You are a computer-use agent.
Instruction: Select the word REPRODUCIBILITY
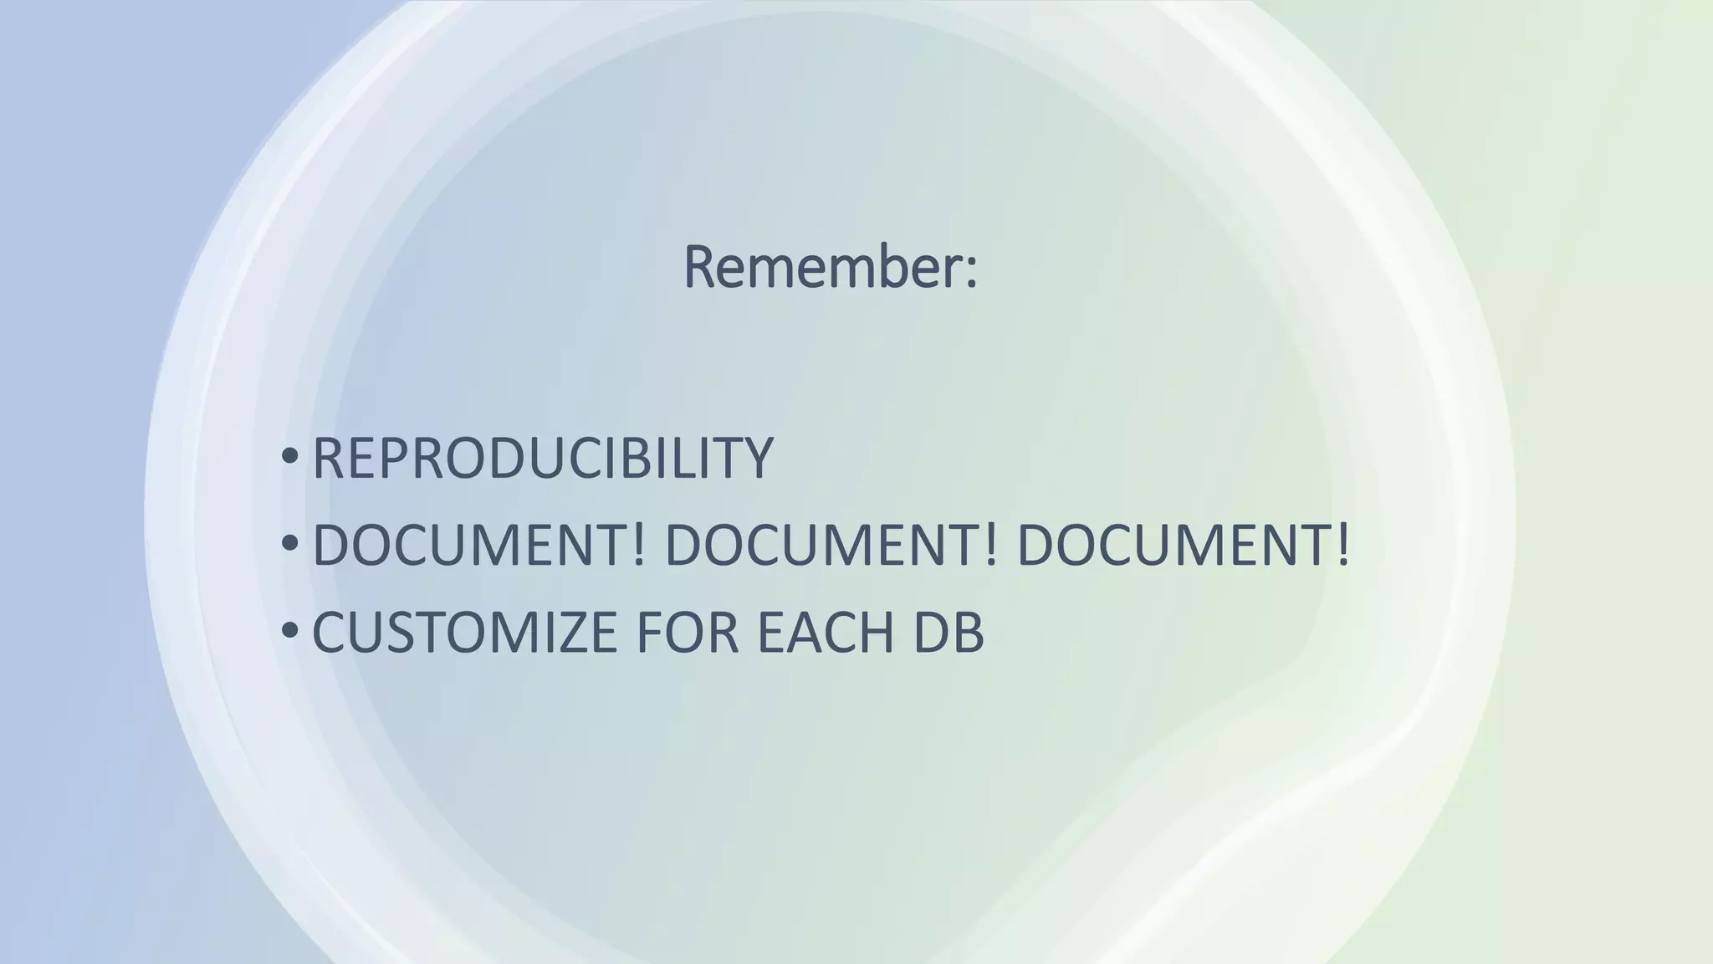(x=542, y=459)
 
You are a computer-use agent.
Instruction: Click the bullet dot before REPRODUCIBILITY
(x=289, y=457)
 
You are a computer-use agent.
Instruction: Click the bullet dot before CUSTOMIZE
(x=289, y=630)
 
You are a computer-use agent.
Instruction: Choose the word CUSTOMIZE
(x=465, y=632)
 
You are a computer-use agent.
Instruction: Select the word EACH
(x=826, y=632)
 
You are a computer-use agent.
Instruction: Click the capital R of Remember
(x=701, y=268)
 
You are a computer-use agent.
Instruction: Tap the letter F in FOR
(x=649, y=632)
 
